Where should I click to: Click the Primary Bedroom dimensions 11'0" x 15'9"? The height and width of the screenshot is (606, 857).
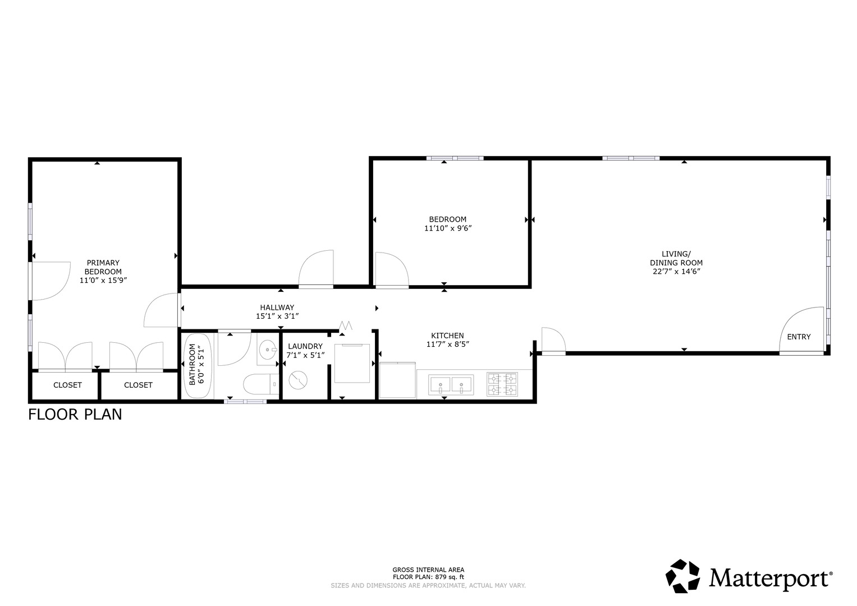point(103,280)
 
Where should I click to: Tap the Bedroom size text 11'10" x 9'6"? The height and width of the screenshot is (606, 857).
point(447,228)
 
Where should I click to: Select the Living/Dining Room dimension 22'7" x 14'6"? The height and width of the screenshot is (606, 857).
point(676,271)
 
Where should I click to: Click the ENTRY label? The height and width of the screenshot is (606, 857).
point(799,337)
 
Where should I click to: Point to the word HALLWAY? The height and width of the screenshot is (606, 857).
point(277,307)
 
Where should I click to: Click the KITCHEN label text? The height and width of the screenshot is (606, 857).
point(447,336)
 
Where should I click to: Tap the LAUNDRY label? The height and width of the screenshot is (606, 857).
point(305,346)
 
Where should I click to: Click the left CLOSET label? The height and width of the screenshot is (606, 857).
point(67,385)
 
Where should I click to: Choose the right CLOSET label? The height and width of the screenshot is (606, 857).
point(138,385)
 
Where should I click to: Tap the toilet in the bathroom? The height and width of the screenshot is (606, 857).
point(259,385)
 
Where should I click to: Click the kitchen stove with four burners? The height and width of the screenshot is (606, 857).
point(502,384)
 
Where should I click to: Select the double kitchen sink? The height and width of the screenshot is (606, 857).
point(451,385)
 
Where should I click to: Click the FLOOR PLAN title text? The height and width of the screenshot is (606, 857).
point(75,415)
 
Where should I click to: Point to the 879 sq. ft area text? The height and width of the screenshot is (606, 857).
point(428,577)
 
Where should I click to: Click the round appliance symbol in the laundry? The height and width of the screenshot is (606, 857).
point(297,380)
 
